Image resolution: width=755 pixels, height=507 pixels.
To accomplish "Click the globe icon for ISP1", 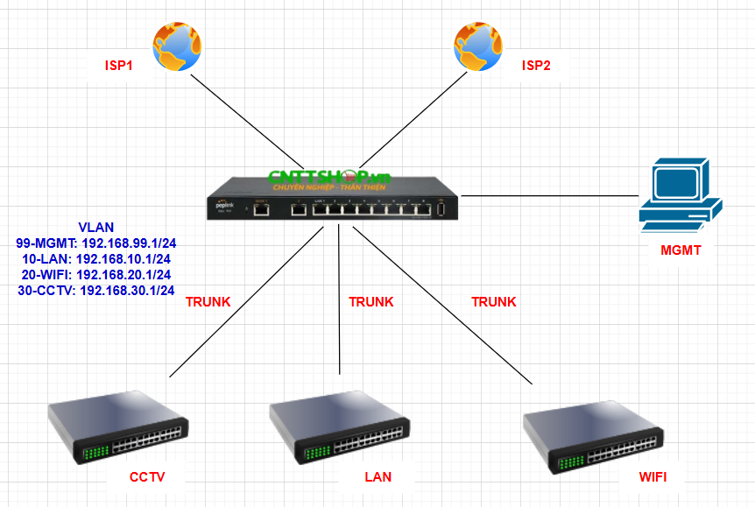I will tap(179, 47).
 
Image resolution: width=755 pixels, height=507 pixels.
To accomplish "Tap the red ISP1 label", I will tap(118, 66).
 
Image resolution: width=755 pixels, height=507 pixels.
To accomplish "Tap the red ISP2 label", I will tap(536, 66).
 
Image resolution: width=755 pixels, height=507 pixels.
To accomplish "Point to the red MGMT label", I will tap(681, 251).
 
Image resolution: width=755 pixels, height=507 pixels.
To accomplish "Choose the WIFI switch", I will tap(591, 434).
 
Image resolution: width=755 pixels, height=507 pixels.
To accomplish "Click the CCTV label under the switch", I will tap(147, 477).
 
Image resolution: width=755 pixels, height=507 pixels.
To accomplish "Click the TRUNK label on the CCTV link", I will tap(208, 302).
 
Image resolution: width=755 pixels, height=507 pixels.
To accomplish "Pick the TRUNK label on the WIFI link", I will tap(494, 302).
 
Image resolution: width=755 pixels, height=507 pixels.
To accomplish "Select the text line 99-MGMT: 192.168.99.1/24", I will tap(96, 243).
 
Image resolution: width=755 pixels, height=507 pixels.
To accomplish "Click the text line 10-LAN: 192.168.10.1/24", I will tap(96, 258).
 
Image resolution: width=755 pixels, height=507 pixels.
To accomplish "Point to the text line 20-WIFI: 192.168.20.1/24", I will tap(96, 274).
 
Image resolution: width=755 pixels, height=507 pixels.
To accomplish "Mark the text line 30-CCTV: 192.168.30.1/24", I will tap(96, 290).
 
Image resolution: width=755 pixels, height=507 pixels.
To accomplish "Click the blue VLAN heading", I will tap(96, 227).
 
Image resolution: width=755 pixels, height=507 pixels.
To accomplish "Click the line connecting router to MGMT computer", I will tap(547, 194).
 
